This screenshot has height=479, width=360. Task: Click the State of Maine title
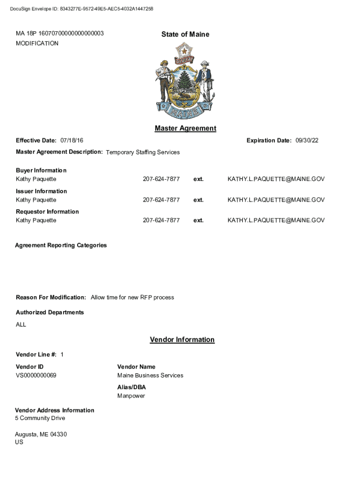[x=185, y=34]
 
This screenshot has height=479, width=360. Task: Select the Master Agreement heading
[x=185, y=128]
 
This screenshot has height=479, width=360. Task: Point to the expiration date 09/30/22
[x=307, y=140]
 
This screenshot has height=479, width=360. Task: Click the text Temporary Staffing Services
[x=143, y=152]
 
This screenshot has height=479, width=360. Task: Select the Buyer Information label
[x=41, y=170]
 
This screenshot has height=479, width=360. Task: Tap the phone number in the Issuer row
[x=161, y=200]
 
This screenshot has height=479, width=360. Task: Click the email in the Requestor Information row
[x=276, y=220]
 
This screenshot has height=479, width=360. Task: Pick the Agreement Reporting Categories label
[x=61, y=245]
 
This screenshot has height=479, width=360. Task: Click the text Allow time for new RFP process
[x=132, y=298]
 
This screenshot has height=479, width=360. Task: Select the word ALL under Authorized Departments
[x=21, y=325]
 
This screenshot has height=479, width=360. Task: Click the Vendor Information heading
[x=182, y=340]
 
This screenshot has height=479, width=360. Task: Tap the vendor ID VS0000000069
[x=36, y=376]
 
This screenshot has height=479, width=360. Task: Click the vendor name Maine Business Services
[x=150, y=376]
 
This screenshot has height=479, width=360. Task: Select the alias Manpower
[x=131, y=396]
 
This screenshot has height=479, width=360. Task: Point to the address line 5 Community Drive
[x=40, y=418]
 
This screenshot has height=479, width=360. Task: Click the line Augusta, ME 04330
[x=41, y=435]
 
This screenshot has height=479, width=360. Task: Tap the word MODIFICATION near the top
[x=37, y=44]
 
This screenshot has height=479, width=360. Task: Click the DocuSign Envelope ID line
[x=81, y=9]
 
